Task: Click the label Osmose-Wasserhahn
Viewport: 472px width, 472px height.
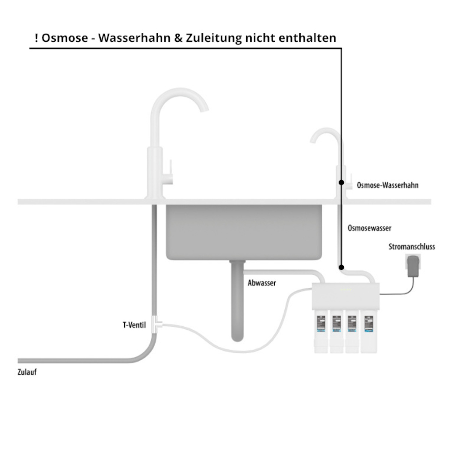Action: [x=388, y=185]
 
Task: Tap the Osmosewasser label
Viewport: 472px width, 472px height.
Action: [x=369, y=228]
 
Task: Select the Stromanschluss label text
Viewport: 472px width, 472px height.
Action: [x=412, y=247]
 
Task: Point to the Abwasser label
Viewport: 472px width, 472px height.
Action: [x=262, y=283]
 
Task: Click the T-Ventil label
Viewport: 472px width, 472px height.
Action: [x=134, y=325]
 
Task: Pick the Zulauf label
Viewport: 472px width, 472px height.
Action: [x=27, y=372]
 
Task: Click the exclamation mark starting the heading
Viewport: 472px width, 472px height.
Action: [x=36, y=38]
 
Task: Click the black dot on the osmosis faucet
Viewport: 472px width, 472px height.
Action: [x=341, y=182]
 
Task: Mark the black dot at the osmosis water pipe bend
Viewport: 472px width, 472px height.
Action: [x=341, y=267]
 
